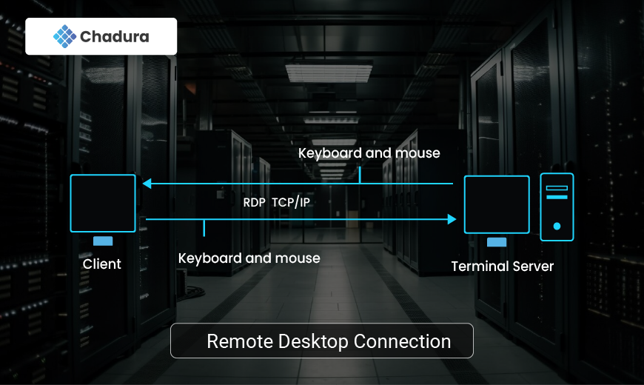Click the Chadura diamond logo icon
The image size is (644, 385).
(x=65, y=36)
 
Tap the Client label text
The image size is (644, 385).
(x=102, y=264)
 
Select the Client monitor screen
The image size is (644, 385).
(x=103, y=204)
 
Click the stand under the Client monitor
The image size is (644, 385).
(x=103, y=241)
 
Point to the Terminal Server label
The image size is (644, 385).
(x=503, y=266)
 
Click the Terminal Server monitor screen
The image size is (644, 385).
(x=497, y=205)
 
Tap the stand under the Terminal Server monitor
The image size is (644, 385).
(x=497, y=242)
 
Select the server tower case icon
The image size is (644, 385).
(x=557, y=207)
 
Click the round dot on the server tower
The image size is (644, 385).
(x=557, y=226)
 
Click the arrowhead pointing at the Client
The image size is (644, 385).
(x=147, y=183)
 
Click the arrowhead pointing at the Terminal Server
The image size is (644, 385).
(x=452, y=219)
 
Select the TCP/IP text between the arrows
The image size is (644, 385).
(x=291, y=201)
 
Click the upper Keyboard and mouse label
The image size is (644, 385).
(x=369, y=153)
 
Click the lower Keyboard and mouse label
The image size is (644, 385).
(x=249, y=258)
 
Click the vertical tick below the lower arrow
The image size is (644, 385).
(x=204, y=228)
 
